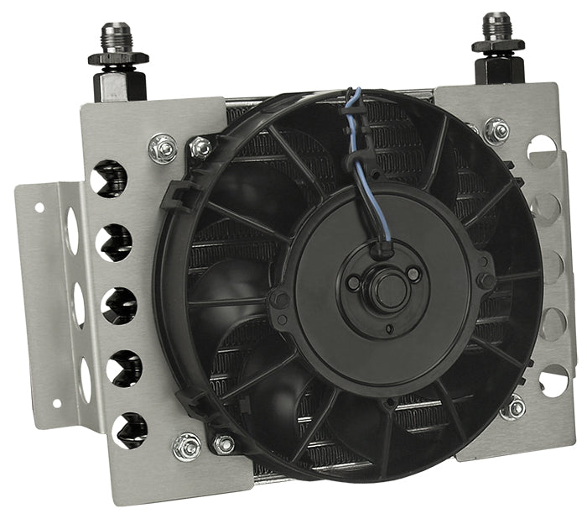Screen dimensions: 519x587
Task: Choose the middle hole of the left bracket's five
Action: [118, 306]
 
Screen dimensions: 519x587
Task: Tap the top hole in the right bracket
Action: [541, 150]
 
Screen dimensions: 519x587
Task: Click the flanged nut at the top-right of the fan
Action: [496, 131]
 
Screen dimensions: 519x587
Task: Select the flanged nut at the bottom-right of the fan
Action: [513, 409]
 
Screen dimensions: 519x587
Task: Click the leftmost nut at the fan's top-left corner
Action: [163, 149]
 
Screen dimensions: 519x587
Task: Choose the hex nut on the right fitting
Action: [497, 45]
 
